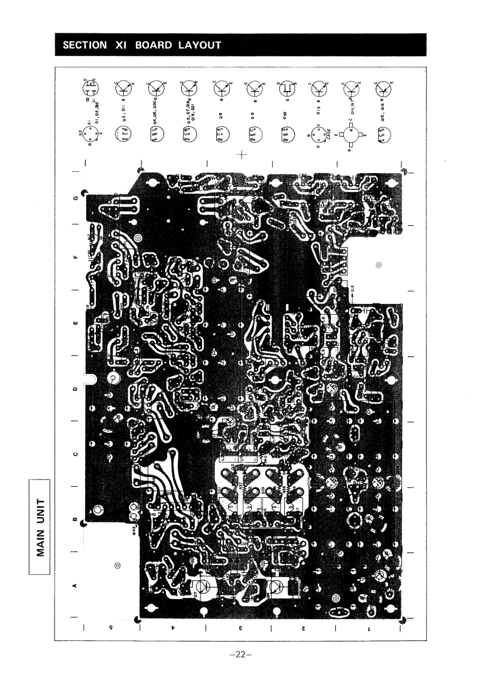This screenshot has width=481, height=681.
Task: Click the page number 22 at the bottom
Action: (x=241, y=655)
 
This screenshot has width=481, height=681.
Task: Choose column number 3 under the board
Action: (x=240, y=628)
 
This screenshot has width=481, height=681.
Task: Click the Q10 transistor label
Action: (x=287, y=113)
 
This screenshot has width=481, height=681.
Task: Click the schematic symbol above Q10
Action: (x=285, y=89)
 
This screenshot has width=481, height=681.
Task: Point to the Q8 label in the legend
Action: (x=220, y=113)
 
